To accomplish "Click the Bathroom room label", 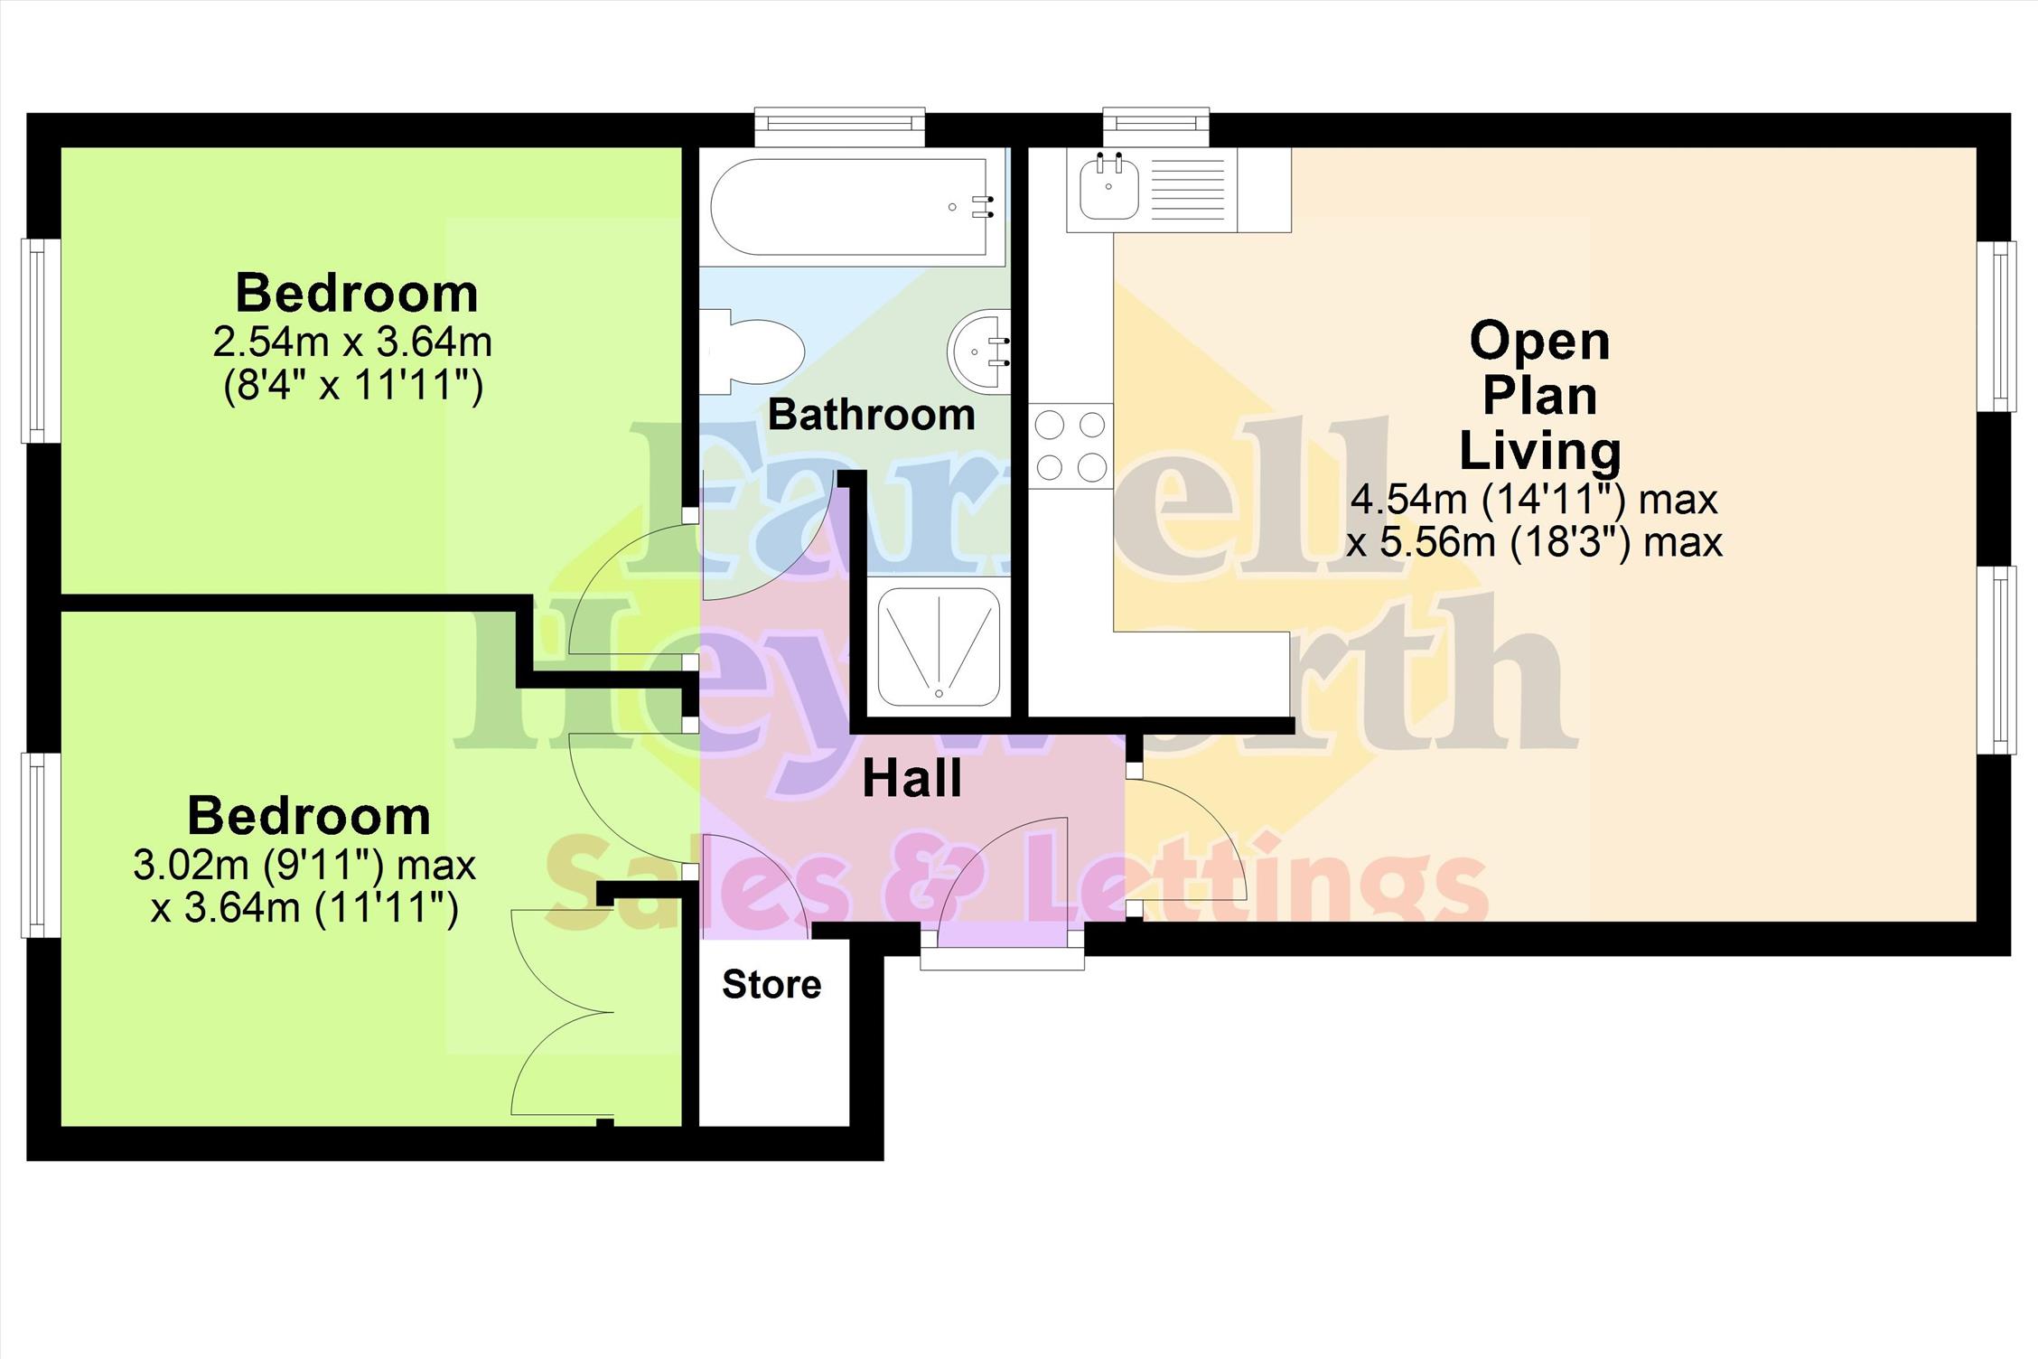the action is [872, 415].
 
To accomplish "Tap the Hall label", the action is [912, 779].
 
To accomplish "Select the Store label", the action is [772, 984].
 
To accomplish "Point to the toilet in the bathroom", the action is [753, 351].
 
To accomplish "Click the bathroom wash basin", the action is [979, 351].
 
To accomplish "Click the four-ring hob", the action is [1070, 445].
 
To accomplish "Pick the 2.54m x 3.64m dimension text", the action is [352, 342].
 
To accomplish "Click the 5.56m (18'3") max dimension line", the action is [1534, 542].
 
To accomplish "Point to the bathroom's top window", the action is [840, 127].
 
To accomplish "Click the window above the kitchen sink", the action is [1155, 127].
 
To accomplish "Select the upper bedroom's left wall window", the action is [41, 341].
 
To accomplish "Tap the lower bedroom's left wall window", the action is [41, 845].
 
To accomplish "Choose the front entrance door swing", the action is [1003, 882].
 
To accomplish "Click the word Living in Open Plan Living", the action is [1539, 451].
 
